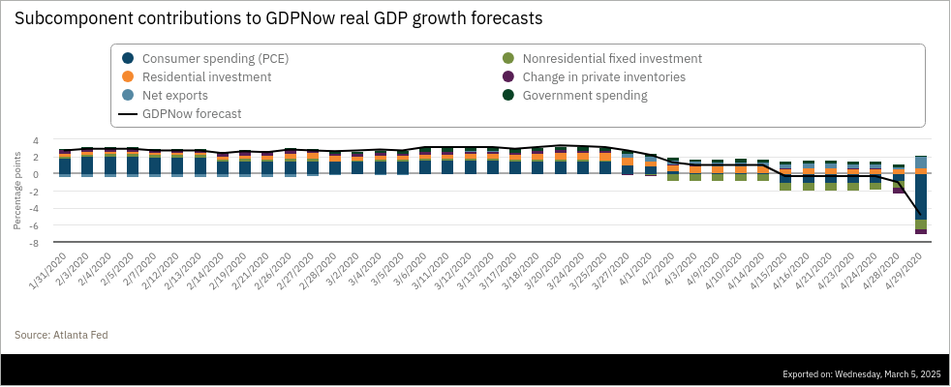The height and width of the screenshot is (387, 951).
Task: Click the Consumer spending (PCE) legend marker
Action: pyautogui.click(x=128, y=58)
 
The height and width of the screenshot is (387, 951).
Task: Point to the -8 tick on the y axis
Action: pyautogui.click(x=34, y=243)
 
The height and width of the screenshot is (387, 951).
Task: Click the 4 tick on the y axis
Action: pyautogui.click(x=36, y=140)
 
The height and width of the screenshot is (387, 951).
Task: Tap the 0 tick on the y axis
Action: pyautogui.click(x=36, y=174)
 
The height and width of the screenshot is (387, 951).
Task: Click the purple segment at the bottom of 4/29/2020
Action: pyautogui.click(x=921, y=232)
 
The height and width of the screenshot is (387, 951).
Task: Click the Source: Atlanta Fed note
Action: pyautogui.click(x=61, y=335)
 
